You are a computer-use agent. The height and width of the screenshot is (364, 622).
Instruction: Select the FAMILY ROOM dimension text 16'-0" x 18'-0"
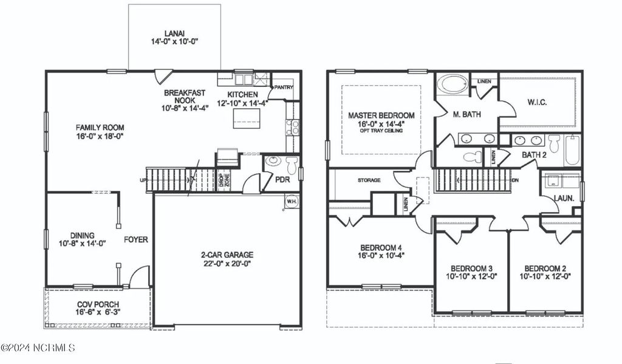point(100,137)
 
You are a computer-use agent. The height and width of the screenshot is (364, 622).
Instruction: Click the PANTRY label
point(284,88)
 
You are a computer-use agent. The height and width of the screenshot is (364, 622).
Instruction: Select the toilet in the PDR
point(292,165)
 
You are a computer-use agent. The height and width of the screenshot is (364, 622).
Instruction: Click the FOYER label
point(136,239)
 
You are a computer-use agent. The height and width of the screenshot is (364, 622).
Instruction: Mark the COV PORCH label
point(98,304)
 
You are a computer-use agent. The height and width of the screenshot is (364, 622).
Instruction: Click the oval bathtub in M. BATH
point(452,84)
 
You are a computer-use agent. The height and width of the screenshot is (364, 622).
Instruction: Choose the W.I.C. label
point(536,102)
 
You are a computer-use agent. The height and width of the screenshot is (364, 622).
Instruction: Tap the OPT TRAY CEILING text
point(381,131)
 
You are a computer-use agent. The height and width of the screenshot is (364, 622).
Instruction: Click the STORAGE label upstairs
point(369,180)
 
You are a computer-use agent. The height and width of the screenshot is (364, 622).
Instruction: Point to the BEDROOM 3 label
point(471,269)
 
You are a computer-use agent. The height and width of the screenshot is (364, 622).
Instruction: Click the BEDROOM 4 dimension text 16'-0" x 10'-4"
point(381,256)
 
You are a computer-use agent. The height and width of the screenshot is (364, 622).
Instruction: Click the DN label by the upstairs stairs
point(516,180)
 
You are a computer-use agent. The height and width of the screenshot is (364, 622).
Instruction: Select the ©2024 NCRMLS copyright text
point(38,348)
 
